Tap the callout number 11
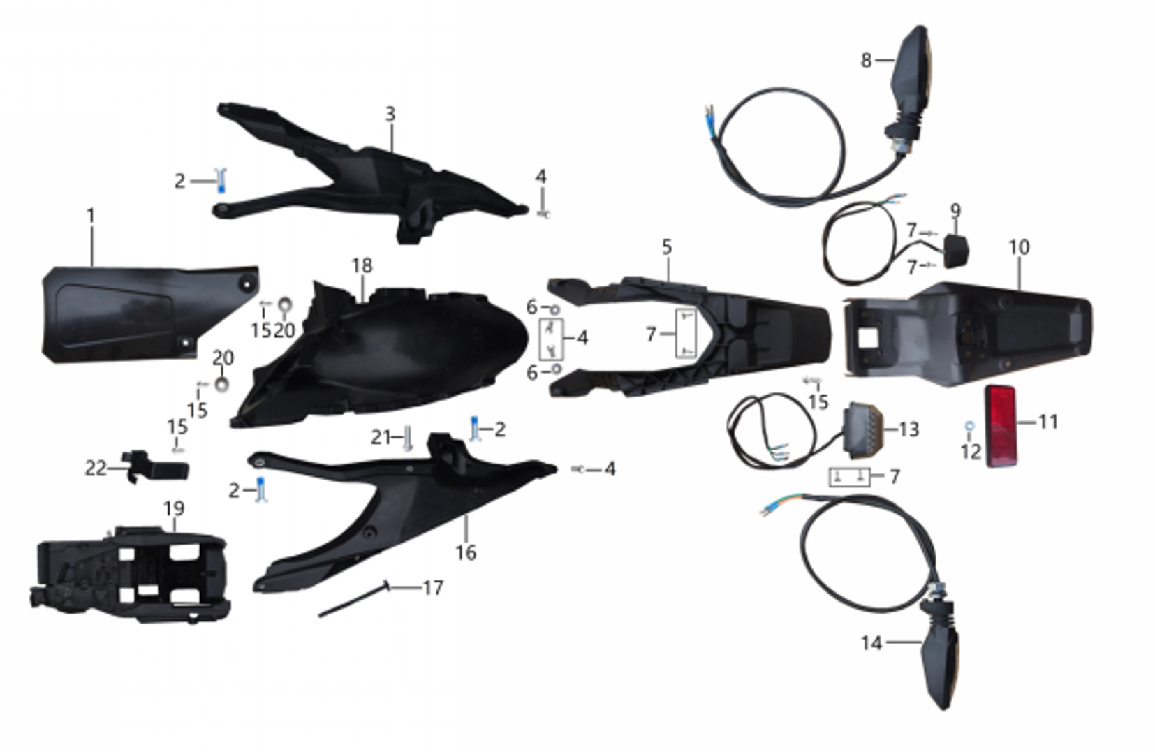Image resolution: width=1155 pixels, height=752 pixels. pyautogui.click(x=1047, y=422)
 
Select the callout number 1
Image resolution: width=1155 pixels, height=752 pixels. pyautogui.click(x=90, y=216)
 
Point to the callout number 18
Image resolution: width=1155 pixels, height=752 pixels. pyautogui.click(x=362, y=265)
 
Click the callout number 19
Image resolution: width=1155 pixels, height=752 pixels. pyautogui.click(x=174, y=508)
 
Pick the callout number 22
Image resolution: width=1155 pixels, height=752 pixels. pyautogui.click(x=96, y=468)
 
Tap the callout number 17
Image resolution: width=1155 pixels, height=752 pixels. pyautogui.click(x=433, y=588)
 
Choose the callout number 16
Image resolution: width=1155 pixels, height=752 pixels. pyautogui.click(x=466, y=552)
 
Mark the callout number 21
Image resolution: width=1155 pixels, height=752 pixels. pyautogui.click(x=381, y=438)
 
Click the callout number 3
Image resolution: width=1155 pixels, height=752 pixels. pyautogui.click(x=390, y=114)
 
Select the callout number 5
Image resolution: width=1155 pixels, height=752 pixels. pyautogui.click(x=667, y=246)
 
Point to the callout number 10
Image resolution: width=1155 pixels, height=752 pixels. pyautogui.click(x=1019, y=247)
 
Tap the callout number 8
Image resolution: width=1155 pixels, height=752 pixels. pyautogui.click(x=866, y=61)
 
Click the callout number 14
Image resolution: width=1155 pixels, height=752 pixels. pyautogui.click(x=871, y=642)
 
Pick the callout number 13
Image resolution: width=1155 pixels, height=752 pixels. pyautogui.click(x=908, y=429)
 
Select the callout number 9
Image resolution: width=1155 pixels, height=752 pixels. pyautogui.click(x=955, y=210)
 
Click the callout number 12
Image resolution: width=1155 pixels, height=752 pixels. pyautogui.click(x=971, y=452)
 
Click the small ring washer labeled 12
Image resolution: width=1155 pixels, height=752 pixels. pyautogui.click(x=969, y=425)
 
